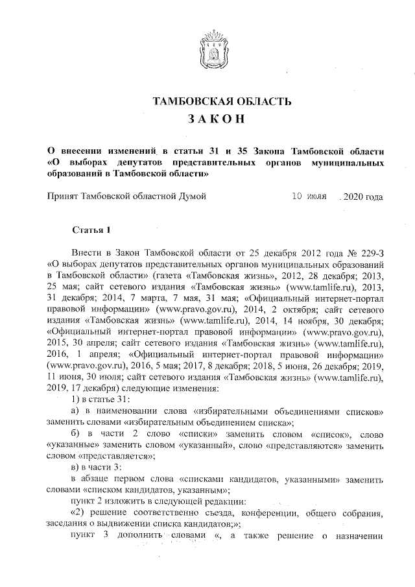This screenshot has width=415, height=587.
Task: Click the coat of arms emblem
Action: (207, 49)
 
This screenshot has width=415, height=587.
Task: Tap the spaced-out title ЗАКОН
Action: (207, 119)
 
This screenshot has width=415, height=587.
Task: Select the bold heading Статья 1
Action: (91, 230)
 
